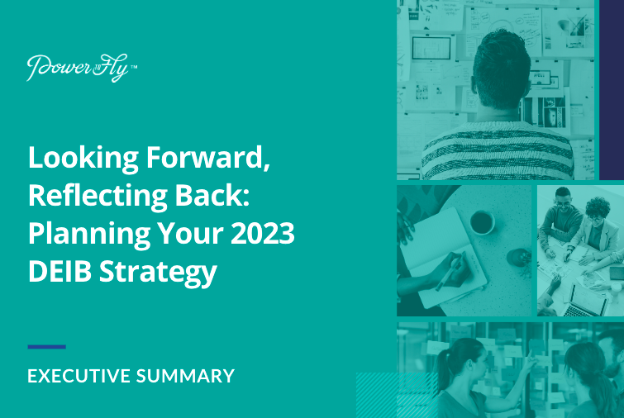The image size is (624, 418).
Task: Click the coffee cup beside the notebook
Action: pyautogui.click(x=482, y=221)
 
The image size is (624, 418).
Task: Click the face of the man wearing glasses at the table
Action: pyautogui.click(x=561, y=202)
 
